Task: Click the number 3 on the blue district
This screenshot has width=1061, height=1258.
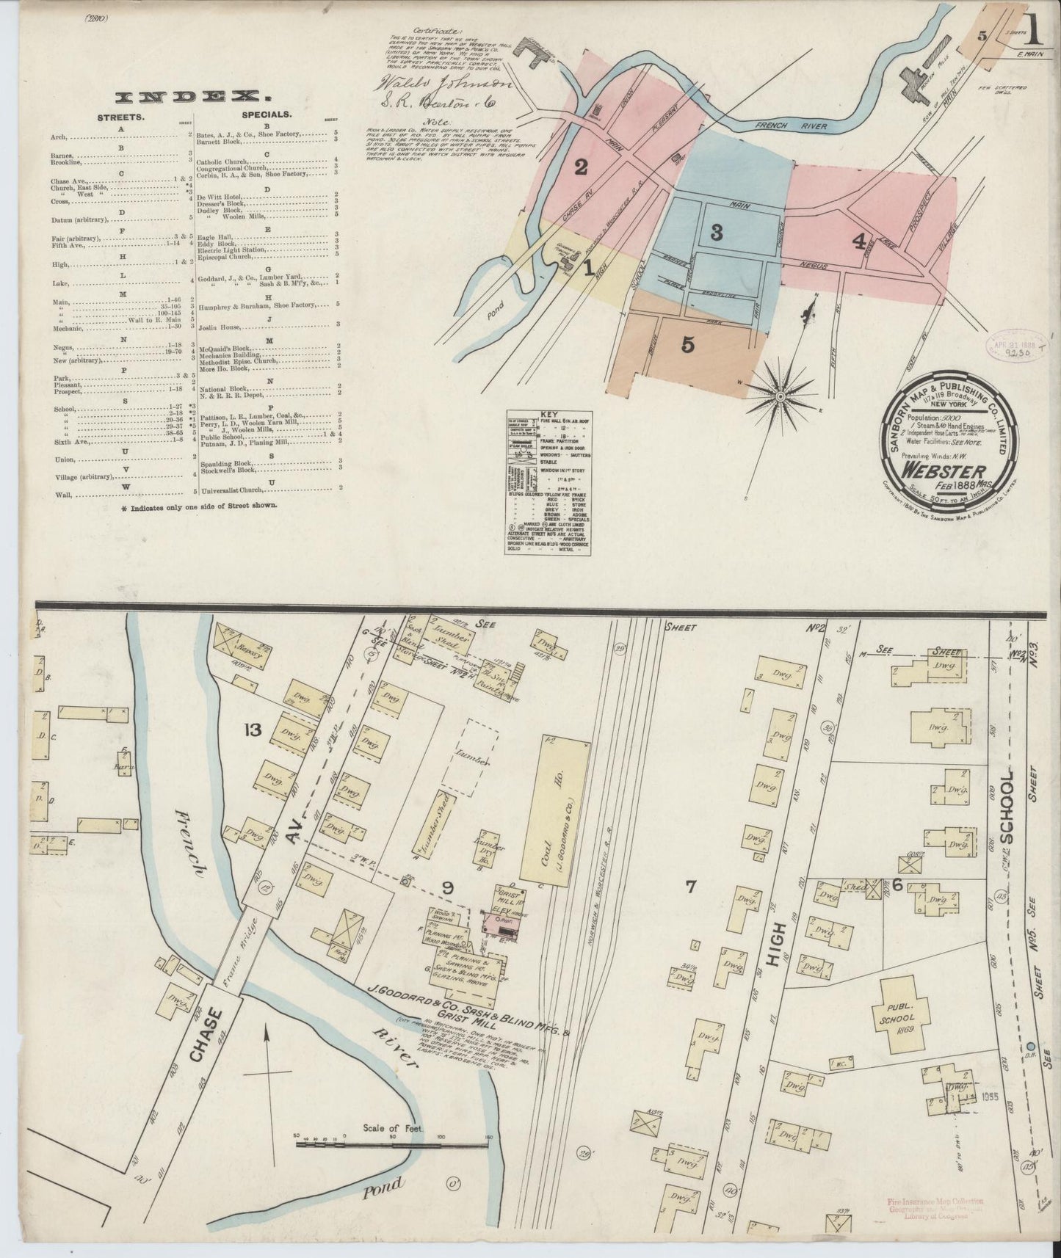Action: pos(716,233)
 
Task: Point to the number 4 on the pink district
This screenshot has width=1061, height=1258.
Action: pos(858,241)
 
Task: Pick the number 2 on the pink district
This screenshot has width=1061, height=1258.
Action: pos(581,168)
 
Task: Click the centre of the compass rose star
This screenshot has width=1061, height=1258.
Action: pos(781,397)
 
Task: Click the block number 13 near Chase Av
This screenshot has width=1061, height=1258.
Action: pos(253,730)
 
